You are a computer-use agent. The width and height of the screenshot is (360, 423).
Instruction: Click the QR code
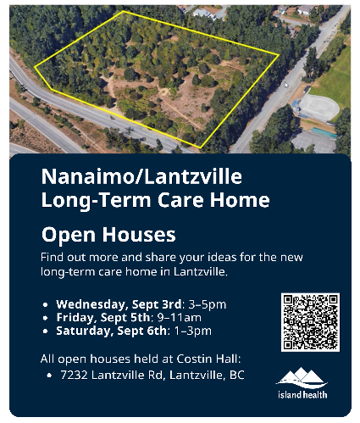click(x=309, y=322)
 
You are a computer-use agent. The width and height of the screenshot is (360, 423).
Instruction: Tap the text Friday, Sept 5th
click(x=92, y=316)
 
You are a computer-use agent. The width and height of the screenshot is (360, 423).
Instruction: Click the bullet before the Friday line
click(x=46, y=317)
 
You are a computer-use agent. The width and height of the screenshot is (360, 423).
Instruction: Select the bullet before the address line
click(x=50, y=374)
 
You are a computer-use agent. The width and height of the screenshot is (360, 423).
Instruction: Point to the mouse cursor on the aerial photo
click(x=286, y=85)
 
